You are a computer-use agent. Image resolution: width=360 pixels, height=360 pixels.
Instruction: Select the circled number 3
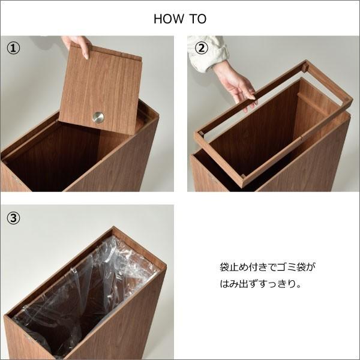13,218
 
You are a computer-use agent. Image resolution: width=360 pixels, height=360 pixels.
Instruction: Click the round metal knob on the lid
98,118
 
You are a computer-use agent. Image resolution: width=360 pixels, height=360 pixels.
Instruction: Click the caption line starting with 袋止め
267,266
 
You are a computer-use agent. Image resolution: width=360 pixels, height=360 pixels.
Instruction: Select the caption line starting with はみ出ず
259,283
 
